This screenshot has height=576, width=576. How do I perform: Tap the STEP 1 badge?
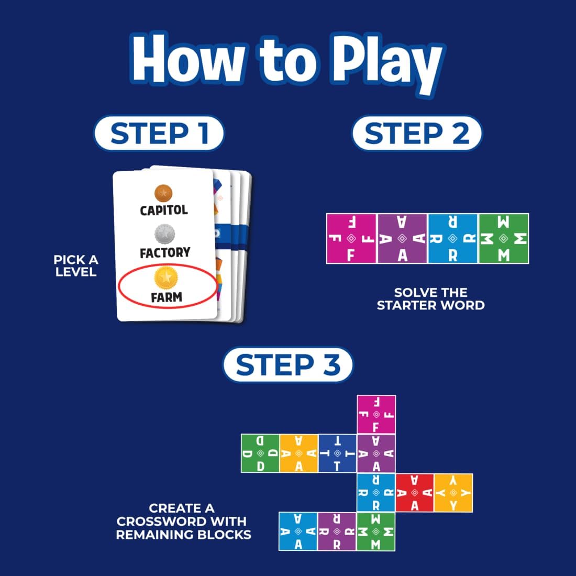click(159, 134)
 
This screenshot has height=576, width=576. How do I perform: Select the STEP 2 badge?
click(416, 134)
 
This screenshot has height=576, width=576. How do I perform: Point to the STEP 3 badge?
click(287, 364)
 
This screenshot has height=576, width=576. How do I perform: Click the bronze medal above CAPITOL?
click(163, 193)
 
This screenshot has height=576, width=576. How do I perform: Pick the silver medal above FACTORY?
click(164, 234)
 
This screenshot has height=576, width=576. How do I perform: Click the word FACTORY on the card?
click(164, 253)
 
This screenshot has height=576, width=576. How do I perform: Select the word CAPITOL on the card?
click(164, 210)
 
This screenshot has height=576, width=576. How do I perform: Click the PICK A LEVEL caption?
click(76, 265)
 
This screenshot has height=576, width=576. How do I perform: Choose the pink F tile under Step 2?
click(351, 239)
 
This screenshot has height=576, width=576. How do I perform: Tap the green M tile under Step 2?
click(504, 239)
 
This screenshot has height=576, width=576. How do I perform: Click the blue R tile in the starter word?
click(453, 239)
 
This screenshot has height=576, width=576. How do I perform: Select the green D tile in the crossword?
click(260, 453)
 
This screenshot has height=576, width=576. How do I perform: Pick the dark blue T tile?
click(337, 453)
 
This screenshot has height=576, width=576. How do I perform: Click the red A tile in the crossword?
click(415, 493)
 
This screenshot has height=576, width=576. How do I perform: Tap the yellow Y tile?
click(453, 493)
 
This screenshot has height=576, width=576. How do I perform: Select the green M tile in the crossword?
click(375, 531)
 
